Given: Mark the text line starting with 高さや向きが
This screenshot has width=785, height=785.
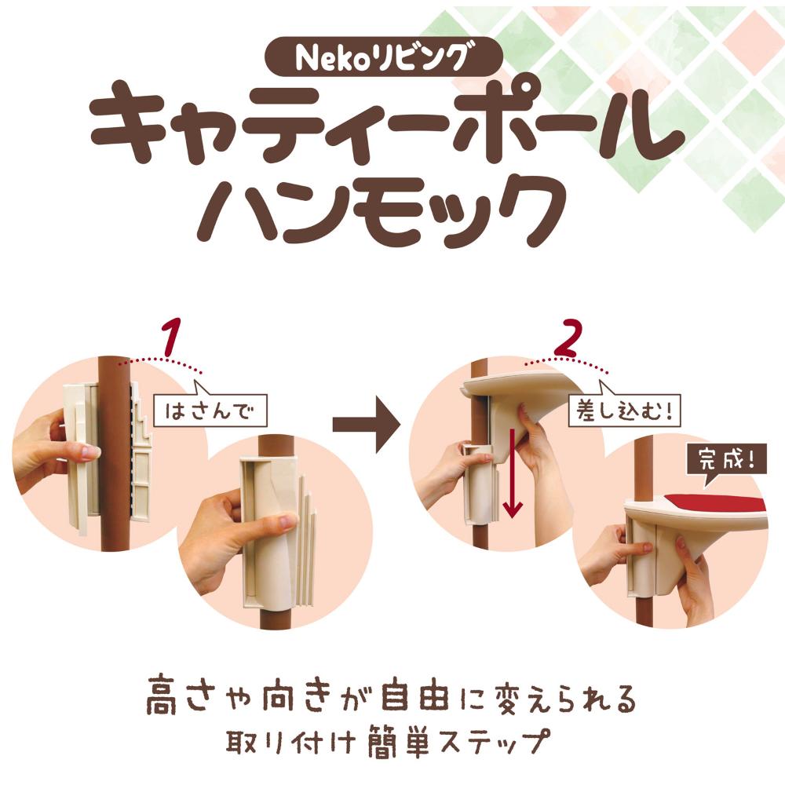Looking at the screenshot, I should tap(389, 699).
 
